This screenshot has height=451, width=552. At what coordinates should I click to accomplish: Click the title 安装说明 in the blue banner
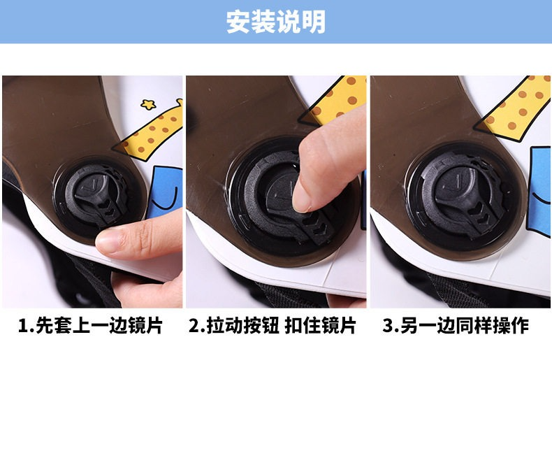pos(275,22)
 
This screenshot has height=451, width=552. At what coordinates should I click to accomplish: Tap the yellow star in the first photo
pos(148,104)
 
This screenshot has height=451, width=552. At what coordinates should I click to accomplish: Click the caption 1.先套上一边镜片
pos(90,326)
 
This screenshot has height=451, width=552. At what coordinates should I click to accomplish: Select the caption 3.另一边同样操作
pos(456,326)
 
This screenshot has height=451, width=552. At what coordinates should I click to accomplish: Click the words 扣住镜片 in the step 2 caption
pos(320,326)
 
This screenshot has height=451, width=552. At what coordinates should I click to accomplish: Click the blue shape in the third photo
pos(541,190)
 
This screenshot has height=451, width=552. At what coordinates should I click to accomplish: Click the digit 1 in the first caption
pos(23,326)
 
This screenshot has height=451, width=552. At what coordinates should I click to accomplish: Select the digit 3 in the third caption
pos(388,326)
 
